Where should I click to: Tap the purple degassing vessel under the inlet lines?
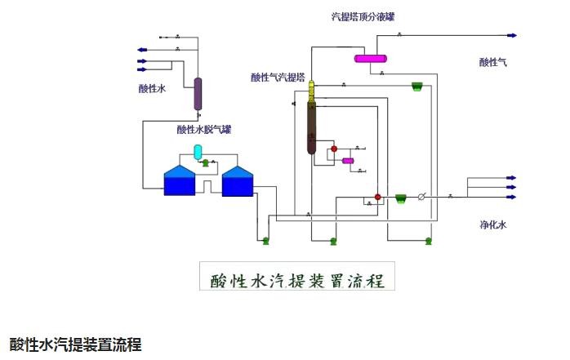click(198, 94)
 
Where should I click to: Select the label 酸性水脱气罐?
click(204, 129)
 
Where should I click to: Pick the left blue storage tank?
click(180, 181)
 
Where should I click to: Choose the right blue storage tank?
click(238, 181)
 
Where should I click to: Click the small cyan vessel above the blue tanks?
click(197, 151)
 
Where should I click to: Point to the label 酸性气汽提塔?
click(278, 78)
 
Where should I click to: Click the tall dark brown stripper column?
click(311, 127)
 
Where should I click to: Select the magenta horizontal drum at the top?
click(370, 58)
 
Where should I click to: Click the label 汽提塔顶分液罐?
click(368, 16)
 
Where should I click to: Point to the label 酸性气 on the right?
click(493, 62)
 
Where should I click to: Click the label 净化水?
click(493, 224)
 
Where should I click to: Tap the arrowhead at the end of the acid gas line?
click(513, 36)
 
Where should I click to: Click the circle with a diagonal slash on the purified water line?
click(422, 197)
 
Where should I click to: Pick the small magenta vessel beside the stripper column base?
click(348, 161)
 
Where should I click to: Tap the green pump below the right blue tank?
click(265, 240)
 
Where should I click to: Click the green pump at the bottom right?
click(429, 240)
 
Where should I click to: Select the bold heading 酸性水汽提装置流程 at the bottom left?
click(75, 343)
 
